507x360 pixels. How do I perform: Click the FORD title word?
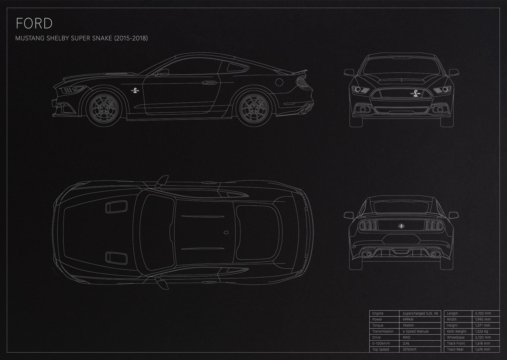coord(34,24)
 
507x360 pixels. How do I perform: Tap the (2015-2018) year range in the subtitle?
coord(131,38)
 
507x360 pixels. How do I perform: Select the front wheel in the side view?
coord(104,109)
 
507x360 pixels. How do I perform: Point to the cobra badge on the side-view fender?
coord(135,91)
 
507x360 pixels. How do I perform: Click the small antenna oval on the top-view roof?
coord(226,232)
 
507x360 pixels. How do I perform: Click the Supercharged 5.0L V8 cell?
coord(420,313)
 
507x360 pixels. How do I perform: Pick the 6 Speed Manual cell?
coord(416,331)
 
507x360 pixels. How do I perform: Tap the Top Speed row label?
coord(380,349)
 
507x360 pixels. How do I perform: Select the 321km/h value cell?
coord(410,349)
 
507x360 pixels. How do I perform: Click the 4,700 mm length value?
coord(483,313)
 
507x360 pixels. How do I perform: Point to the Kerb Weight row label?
coord(457,331)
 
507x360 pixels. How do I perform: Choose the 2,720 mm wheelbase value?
coord(483,337)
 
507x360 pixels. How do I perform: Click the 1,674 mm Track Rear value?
coord(483,349)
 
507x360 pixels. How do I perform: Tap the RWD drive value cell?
coord(407,337)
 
